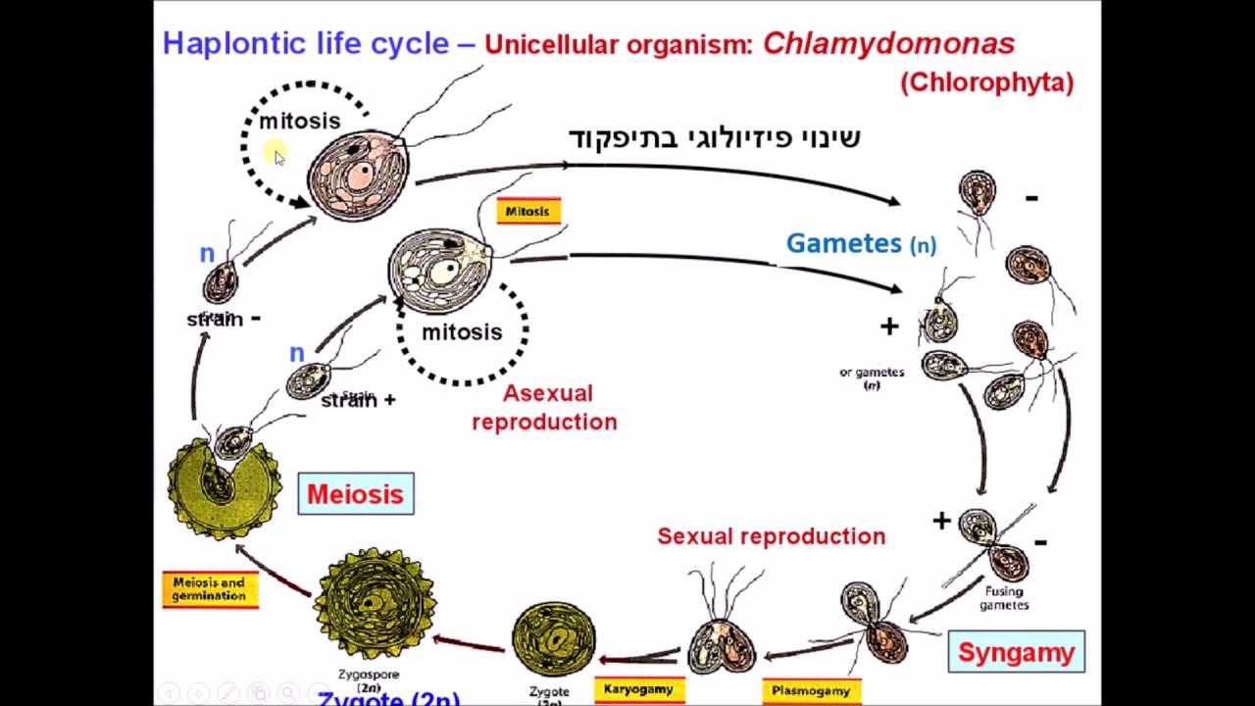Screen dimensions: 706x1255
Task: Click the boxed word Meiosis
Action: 355,494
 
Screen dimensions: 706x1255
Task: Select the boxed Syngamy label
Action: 1016,652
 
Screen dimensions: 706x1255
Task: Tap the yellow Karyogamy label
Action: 638,689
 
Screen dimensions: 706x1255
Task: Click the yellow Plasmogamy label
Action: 811,690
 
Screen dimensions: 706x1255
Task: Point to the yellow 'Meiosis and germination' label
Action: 209,588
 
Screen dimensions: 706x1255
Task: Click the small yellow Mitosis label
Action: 528,211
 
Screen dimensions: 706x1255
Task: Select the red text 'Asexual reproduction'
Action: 545,407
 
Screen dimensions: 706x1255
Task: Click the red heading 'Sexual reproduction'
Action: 771,536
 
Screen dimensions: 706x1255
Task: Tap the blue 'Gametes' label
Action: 843,243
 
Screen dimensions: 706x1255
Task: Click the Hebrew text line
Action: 714,137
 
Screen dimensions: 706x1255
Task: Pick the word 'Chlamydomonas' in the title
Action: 888,43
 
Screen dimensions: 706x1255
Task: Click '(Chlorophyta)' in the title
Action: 986,82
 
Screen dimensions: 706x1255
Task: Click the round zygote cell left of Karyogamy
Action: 553,639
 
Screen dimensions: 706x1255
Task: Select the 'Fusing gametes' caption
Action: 1003,598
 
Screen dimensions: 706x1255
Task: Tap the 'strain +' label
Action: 358,400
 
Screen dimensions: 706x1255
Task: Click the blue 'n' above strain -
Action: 207,254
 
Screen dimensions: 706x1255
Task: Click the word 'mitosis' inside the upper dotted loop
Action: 299,121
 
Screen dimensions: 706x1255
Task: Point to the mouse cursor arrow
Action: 279,157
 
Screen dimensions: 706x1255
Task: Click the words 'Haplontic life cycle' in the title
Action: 305,43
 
